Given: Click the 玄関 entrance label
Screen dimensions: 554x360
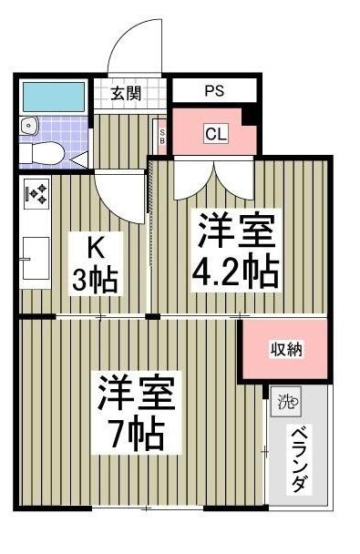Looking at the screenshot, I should click(127, 93).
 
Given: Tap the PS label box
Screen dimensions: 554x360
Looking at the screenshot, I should click(214, 91).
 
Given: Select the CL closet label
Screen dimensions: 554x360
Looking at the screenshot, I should click(215, 135).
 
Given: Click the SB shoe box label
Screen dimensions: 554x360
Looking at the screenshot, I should click(162, 137).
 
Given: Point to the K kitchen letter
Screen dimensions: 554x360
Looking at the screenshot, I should click(94, 246).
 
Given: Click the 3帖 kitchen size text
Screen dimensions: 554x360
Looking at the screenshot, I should click(95, 280).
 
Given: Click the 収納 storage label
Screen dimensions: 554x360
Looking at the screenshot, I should click(285, 350).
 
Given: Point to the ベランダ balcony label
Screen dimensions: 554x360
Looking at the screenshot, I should click(299, 460).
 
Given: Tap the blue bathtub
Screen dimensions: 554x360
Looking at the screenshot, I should click(53, 95).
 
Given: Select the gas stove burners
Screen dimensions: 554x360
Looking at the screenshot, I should click(37, 193).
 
